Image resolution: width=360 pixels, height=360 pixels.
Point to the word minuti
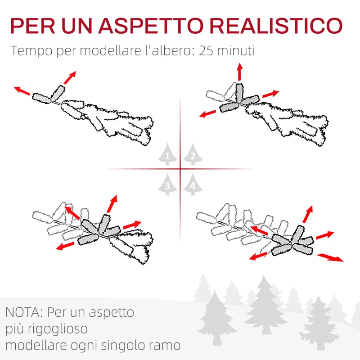[x=237, y=50]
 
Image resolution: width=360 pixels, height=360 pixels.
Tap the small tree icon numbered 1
[x=167, y=155]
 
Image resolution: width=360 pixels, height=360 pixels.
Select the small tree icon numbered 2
[x=193, y=155]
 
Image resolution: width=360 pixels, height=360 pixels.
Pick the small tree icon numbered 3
[x=167, y=184]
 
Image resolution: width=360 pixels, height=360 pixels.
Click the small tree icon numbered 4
[x=193, y=184]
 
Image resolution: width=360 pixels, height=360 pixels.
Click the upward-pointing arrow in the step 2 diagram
[x=239, y=72]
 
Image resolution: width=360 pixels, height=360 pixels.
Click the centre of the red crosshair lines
[x=180, y=169]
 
